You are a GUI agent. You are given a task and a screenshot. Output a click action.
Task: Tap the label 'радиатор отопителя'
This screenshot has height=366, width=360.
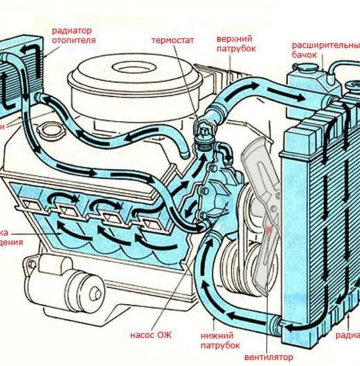point(74,35)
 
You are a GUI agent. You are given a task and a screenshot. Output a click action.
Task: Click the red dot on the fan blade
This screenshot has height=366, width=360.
point(270,229)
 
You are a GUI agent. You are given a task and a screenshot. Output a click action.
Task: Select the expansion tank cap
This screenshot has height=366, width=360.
point(310,66)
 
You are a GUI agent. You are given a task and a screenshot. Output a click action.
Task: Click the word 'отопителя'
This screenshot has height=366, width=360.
point(74,40)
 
